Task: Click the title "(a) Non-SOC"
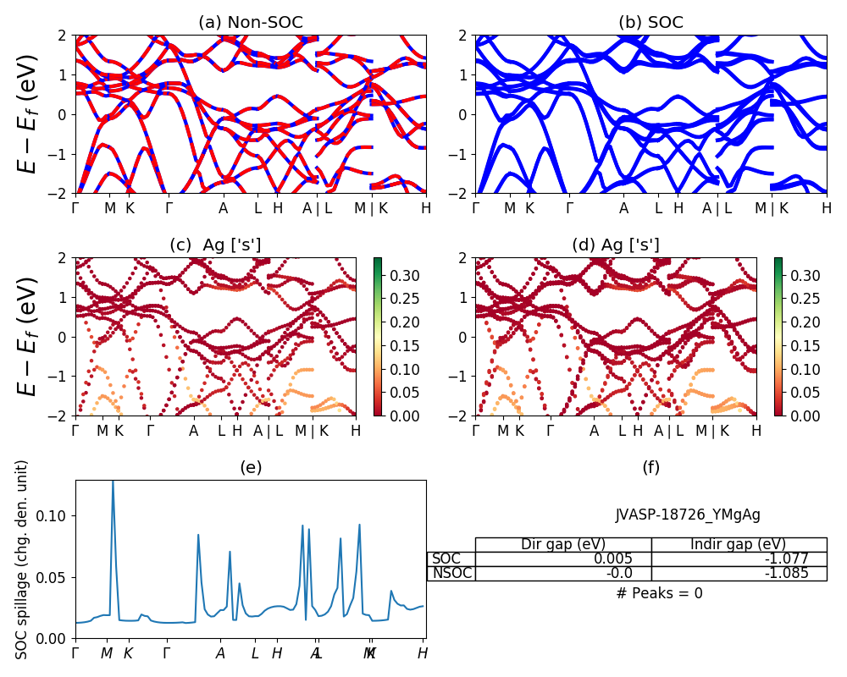tap(250, 23)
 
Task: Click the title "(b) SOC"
tap(650, 23)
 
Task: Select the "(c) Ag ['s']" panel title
tap(215, 245)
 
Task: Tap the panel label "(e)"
tap(250, 467)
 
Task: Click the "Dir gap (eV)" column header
tap(563, 544)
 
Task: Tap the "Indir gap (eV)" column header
tap(739, 544)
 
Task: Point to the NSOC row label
tap(451, 574)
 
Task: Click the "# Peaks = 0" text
tap(659, 593)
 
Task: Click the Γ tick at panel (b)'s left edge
tap(476, 208)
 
